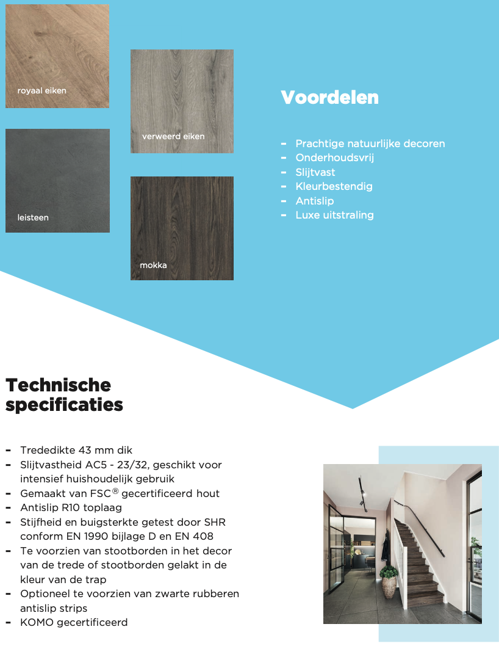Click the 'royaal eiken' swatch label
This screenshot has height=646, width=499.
pos(41,91)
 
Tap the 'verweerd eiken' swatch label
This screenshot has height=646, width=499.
pos(173,136)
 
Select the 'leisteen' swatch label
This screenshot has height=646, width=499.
pos(33,217)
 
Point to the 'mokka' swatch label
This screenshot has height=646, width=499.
pos(153,265)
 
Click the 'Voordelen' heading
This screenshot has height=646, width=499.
pos(329,98)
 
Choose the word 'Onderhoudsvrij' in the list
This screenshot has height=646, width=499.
pos(334,158)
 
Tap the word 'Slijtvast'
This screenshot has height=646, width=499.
pos(315,172)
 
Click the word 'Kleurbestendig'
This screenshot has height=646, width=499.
pos(334,186)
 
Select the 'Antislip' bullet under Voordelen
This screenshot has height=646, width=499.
pos(315,201)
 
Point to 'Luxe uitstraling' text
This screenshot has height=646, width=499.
pos(334,215)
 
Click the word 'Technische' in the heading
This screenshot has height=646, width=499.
pos(59,385)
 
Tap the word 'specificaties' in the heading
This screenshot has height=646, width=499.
pos(64,405)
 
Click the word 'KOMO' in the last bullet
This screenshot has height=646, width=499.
pos(35,622)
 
